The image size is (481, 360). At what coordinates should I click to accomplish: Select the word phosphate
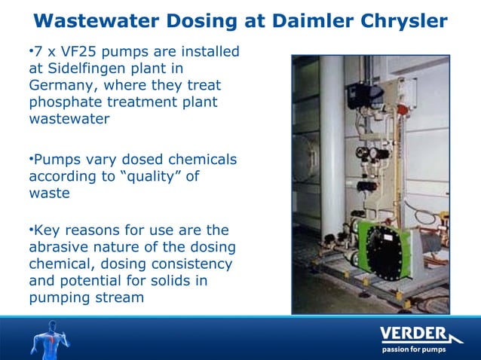point(66,103)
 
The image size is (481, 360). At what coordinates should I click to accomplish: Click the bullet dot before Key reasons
point(30,229)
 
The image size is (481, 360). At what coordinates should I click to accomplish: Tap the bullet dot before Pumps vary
point(30,159)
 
